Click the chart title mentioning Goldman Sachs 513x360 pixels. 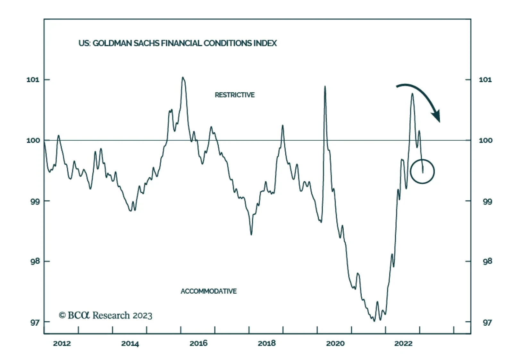(x=178, y=43)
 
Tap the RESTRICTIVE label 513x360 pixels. (x=235, y=95)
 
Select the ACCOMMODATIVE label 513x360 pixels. (x=209, y=291)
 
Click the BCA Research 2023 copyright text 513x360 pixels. (x=105, y=315)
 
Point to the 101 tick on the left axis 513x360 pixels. (x=33, y=80)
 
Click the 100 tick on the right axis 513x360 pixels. (x=485, y=140)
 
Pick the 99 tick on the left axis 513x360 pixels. (x=33, y=201)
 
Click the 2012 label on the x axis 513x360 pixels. (x=62, y=344)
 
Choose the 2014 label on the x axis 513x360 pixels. (x=130, y=344)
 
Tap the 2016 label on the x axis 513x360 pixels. (x=198, y=344)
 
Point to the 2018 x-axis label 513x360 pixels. (x=267, y=344)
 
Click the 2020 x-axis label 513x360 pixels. (x=335, y=344)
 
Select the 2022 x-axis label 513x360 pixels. (x=403, y=344)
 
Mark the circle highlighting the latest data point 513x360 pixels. (x=422, y=171)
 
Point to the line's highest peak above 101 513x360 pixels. (x=182, y=77)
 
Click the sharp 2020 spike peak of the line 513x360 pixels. (x=325, y=86)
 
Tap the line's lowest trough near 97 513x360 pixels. (x=374, y=321)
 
